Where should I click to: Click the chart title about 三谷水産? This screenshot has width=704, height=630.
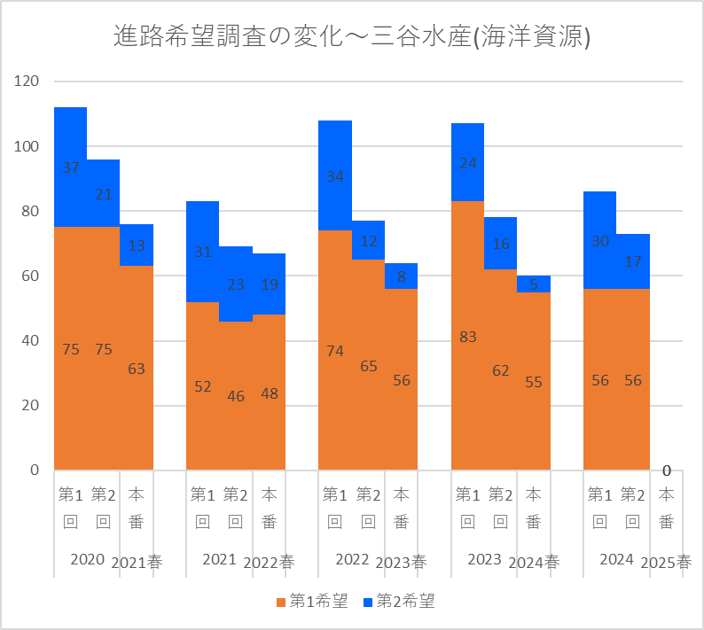click(352, 36)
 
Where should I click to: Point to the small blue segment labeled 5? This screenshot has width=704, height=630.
click(534, 284)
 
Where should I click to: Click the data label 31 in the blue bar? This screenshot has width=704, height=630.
click(203, 252)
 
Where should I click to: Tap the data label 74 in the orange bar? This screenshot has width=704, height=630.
click(335, 351)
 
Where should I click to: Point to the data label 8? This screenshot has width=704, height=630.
click(402, 276)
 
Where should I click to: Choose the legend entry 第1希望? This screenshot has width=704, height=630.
click(311, 602)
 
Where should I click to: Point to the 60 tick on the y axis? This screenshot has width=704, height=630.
click(31, 276)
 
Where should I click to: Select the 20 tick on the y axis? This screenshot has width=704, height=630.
click(31, 405)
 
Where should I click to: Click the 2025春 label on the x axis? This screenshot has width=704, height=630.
click(666, 562)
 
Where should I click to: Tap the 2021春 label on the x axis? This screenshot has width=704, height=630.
click(137, 562)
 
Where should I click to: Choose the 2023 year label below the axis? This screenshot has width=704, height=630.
click(483, 559)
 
